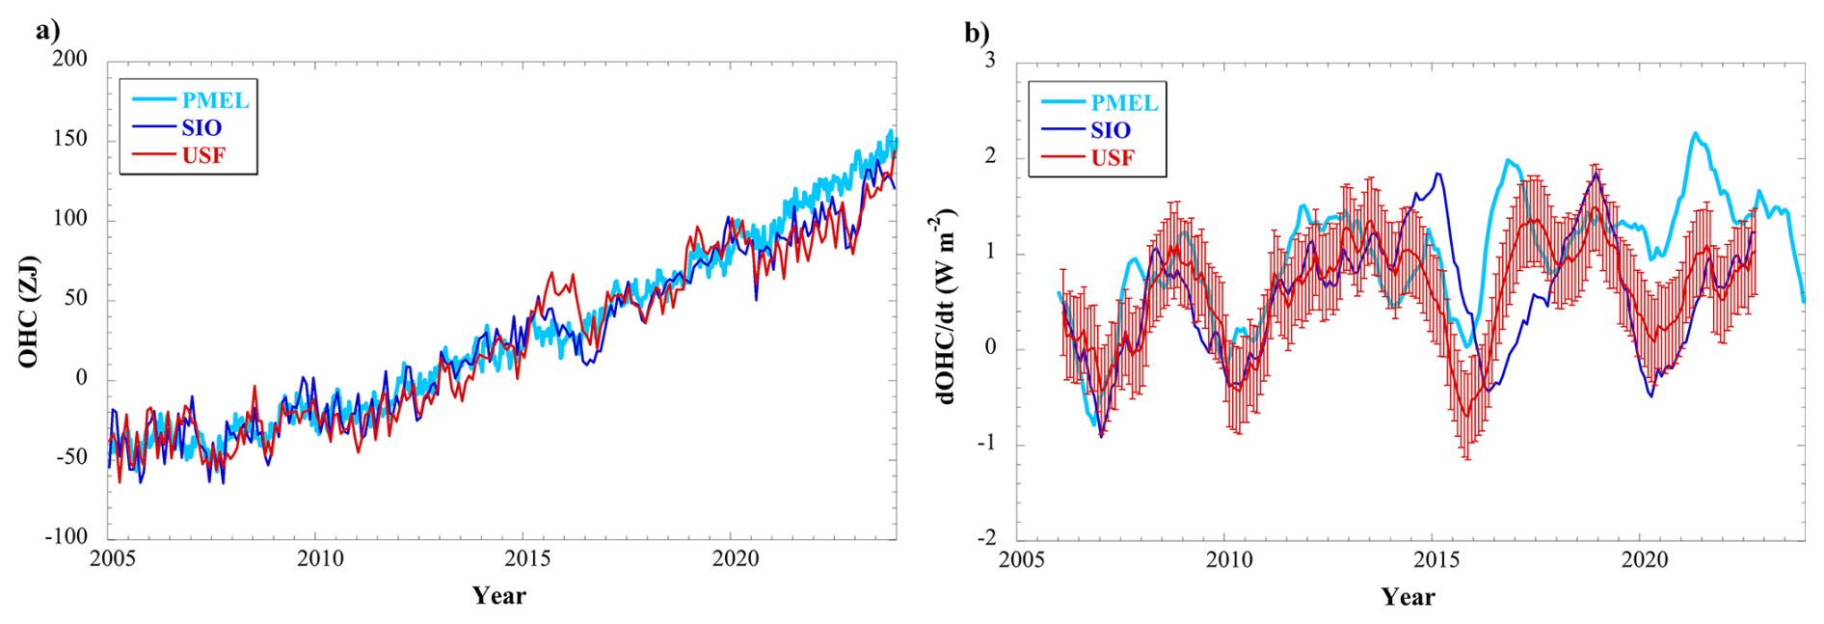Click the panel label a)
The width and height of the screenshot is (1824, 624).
pyautogui.click(x=47, y=30)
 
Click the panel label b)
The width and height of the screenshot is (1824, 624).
pyautogui.click(x=977, y=33)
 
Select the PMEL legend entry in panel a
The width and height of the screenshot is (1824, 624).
pyautogui.click(x=215, y=100)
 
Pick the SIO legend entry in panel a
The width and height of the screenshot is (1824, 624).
pyautogui.click(x=201, y=127)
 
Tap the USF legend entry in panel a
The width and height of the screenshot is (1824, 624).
pyautogui.click(x=203, y=155)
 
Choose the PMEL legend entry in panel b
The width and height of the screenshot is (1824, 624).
pyautogui.click(x=1124, y=103)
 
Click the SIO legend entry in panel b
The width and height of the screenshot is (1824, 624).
pyautogui.click(x=1111, y=130)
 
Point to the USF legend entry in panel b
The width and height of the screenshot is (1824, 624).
pyautogui.click(x=1113, y=158)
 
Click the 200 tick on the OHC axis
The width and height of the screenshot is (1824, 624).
pyautogui.click(x=69, y=59)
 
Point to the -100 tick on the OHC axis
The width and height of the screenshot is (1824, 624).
pyautogui.click(x=66, y=536)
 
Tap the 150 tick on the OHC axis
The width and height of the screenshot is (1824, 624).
pyautogui.click(x=69, y=139)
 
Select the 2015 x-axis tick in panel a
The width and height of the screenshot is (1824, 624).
pyautogui.click(x=527, y=559)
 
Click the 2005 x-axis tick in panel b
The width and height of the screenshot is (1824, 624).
pyautogui.click(x=1022, y=561)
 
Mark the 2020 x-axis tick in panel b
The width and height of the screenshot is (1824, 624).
pyautogui.click(x=1644, y=561)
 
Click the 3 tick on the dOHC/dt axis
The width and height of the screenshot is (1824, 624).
pyautogui.click(x=990, y=60)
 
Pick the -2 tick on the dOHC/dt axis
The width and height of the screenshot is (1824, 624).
pyautogui.click(x=986, y=538)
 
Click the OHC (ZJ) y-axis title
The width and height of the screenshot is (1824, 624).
pyautogui.click(x=28, y=312)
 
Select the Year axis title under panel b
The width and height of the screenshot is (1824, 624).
pyautogui.click(x=1408, y=597)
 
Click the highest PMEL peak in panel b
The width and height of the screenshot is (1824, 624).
pyautogui.click(x=1695, y=133)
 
